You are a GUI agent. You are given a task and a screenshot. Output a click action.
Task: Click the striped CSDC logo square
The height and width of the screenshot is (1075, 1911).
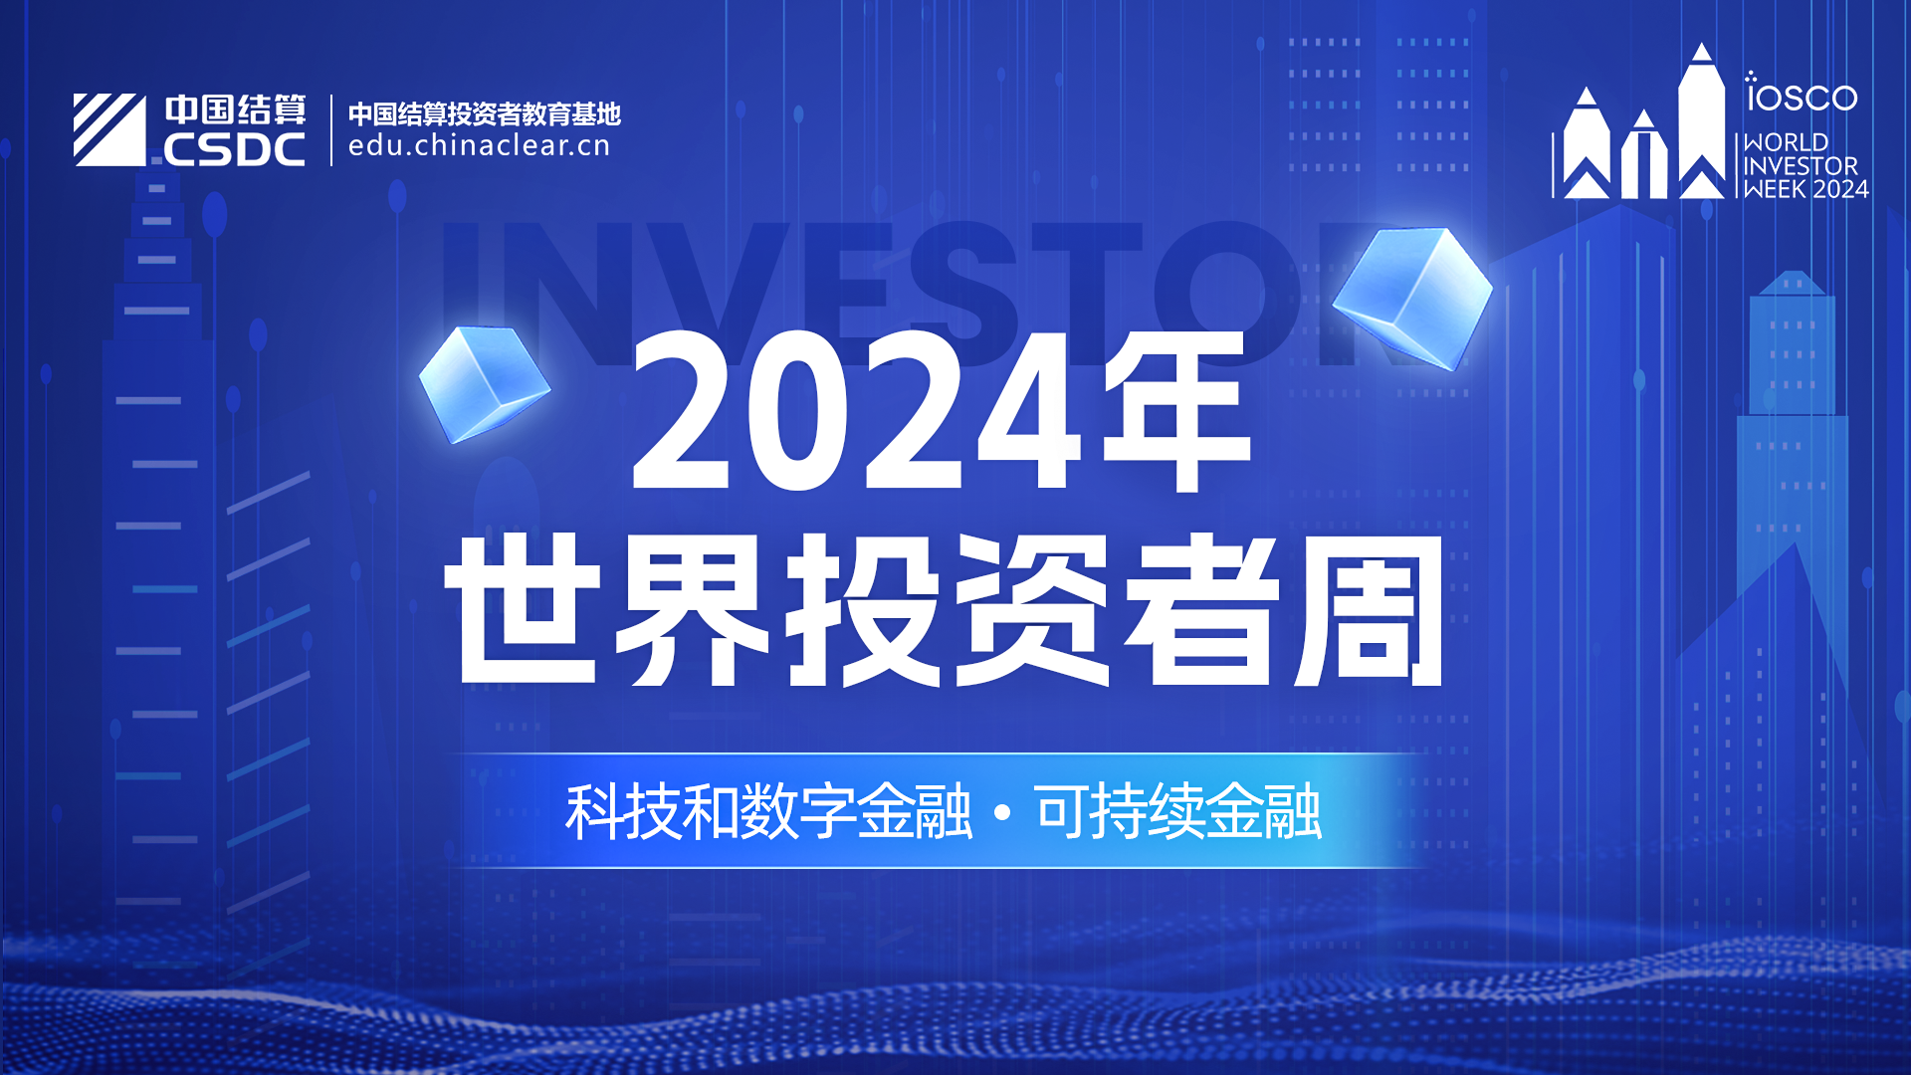(109, 129)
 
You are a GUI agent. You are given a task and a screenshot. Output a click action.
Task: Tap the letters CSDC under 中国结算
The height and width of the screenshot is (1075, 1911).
(234, 150)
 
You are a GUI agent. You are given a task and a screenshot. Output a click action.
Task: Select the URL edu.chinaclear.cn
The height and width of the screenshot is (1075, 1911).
(479, 146)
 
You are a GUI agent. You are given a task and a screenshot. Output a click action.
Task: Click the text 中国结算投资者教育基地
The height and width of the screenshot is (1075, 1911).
(485, 113)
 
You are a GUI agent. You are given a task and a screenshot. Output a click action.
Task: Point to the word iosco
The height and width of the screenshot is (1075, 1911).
(1802, 93)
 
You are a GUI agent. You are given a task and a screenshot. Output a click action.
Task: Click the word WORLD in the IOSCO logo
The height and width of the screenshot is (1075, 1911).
(1786, 142)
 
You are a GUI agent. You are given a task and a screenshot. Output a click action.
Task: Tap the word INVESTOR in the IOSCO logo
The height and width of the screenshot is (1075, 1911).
(1801, 165)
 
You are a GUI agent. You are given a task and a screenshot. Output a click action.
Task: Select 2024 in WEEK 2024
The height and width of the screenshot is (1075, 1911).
(1840, 189)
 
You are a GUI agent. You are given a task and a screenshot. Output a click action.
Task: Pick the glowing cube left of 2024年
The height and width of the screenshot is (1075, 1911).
(485, 384)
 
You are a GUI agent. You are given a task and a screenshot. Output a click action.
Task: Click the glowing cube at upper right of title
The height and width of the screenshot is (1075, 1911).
(1412, 298)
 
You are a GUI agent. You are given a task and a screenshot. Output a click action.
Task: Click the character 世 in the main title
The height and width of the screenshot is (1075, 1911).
(523, 609)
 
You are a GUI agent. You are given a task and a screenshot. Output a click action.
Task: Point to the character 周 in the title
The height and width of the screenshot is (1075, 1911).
(1369, 610)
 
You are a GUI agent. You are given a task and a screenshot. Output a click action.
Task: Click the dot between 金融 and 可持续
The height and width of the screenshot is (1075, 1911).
(1002, 814)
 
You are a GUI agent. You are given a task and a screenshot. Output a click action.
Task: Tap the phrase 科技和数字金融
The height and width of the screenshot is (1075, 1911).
(768, 812)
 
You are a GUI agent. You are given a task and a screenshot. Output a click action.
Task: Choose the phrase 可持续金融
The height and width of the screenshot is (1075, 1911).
(1178, 812)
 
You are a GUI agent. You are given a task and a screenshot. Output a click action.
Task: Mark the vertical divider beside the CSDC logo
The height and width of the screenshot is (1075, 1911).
(331, 130)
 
